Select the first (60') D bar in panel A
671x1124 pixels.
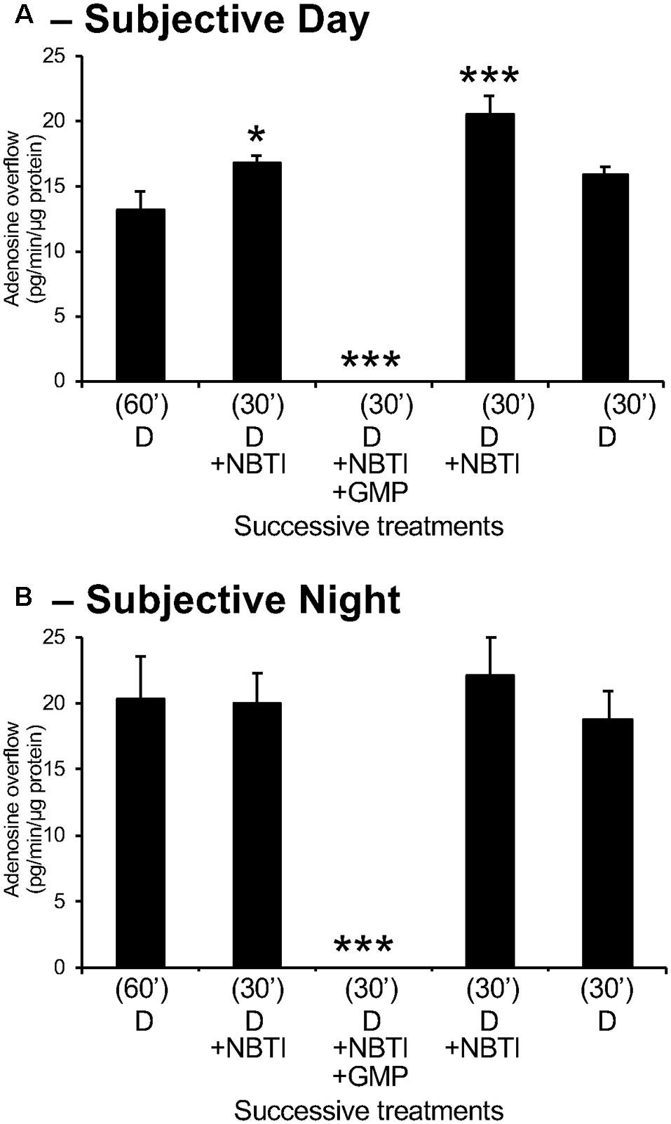tap(141, 295)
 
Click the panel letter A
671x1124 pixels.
tap(25, 15)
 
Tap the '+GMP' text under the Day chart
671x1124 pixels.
tap(371, 493)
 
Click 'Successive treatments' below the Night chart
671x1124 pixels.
tap(369, 1111)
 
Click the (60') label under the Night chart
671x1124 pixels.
tap(143, 991)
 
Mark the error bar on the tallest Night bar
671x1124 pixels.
tap(490, 656)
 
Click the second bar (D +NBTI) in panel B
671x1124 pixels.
tap(257, 834)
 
